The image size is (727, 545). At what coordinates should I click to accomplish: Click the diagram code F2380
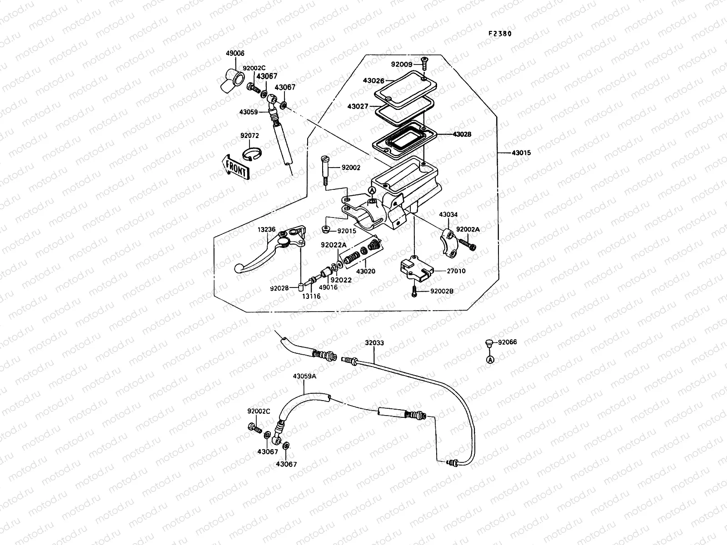[x=503, y=33]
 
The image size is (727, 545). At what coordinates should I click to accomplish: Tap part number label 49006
[x=235, y=53]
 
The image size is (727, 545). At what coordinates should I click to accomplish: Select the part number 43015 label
[x=521, y=153]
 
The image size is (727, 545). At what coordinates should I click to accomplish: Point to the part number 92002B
[x=441, y=291]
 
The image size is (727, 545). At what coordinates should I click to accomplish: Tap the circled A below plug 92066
[x=490, y=360]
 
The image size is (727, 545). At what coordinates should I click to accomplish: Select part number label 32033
[x=374, y=343]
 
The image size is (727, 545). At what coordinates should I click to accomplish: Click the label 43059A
[x=304, y=377]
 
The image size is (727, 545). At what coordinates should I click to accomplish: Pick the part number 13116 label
[x=311, y=296]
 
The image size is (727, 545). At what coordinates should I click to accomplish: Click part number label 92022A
[x=334, y=245]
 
